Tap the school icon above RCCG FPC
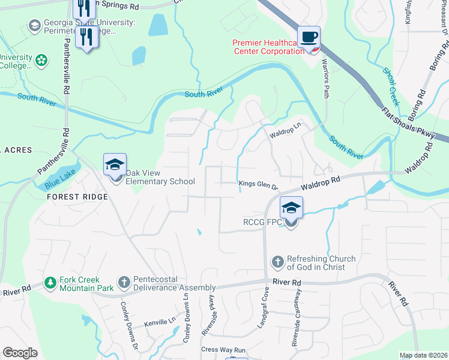pos(291,208)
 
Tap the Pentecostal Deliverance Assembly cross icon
pos(124,282)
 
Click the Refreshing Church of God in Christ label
pos(321,263)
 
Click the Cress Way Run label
pos(224,350)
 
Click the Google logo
pos(20,353)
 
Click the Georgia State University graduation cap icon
pos(35,26)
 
